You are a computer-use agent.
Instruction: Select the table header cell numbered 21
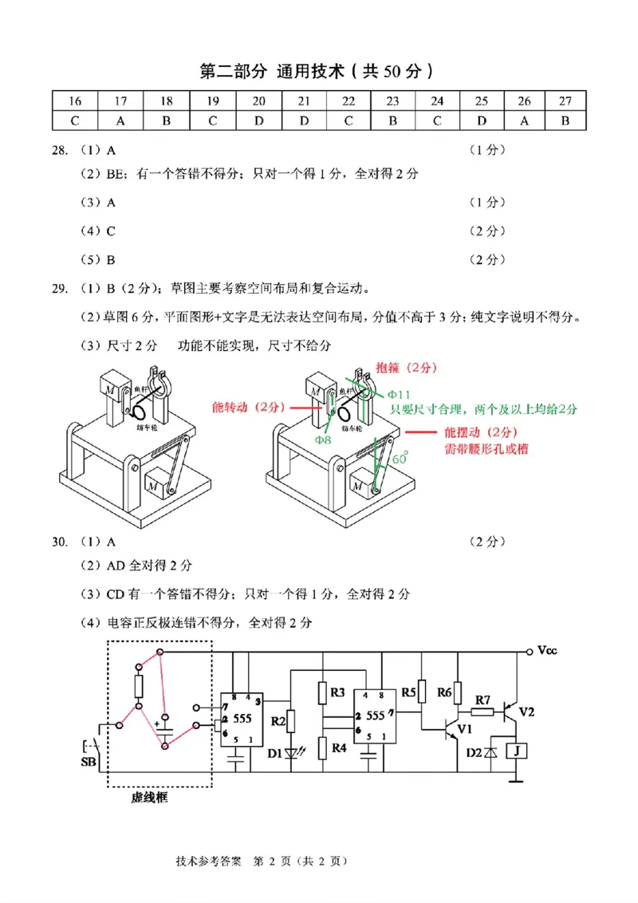point(304,101)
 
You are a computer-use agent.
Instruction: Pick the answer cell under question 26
point(524,120)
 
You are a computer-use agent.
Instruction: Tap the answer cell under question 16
point(75,120)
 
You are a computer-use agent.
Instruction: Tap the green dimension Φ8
point(322,440)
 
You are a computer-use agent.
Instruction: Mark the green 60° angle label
point(400,459)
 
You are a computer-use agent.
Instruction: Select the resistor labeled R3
point(338,692)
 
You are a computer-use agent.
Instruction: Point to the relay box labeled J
point(518,751)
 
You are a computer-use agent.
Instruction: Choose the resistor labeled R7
point(482,700)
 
